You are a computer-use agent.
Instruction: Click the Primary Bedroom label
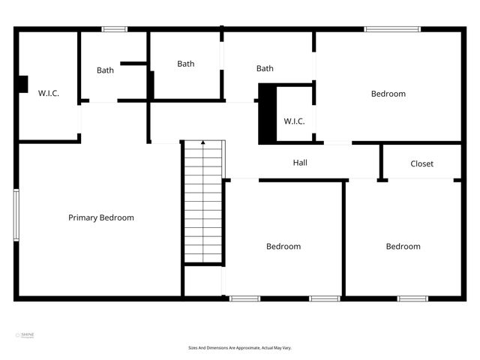click(x=101, y=217)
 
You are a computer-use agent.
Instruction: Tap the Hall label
click(x=300, y=162)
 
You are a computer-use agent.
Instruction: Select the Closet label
click(x=421, y=163)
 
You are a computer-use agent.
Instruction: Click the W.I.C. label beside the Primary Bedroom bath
click(x=49, y=93)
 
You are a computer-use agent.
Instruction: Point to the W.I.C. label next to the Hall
click(x=294, y=121)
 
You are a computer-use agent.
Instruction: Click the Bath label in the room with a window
click(x=105, y=70)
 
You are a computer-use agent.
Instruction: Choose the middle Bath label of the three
click(x=186, y=64)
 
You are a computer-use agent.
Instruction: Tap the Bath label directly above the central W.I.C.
click(x=265, y=68)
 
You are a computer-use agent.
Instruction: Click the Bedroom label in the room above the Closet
click(x=388, y=94)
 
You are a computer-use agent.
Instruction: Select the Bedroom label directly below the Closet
click(x=403, y=246)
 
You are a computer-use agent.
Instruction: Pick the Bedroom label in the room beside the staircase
click(x=283, y=246)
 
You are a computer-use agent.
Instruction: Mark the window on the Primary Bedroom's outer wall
click(x=16, y=214)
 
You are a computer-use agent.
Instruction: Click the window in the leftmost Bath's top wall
click(x=115, y=29)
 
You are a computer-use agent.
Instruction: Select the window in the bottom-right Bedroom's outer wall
click(x=412, y=298)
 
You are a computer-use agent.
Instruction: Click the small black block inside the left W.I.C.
click(x=23, y=84)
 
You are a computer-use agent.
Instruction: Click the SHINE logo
click(x=26, y=335)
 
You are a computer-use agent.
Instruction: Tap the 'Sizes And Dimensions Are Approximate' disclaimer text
click(x=239, y=348)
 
